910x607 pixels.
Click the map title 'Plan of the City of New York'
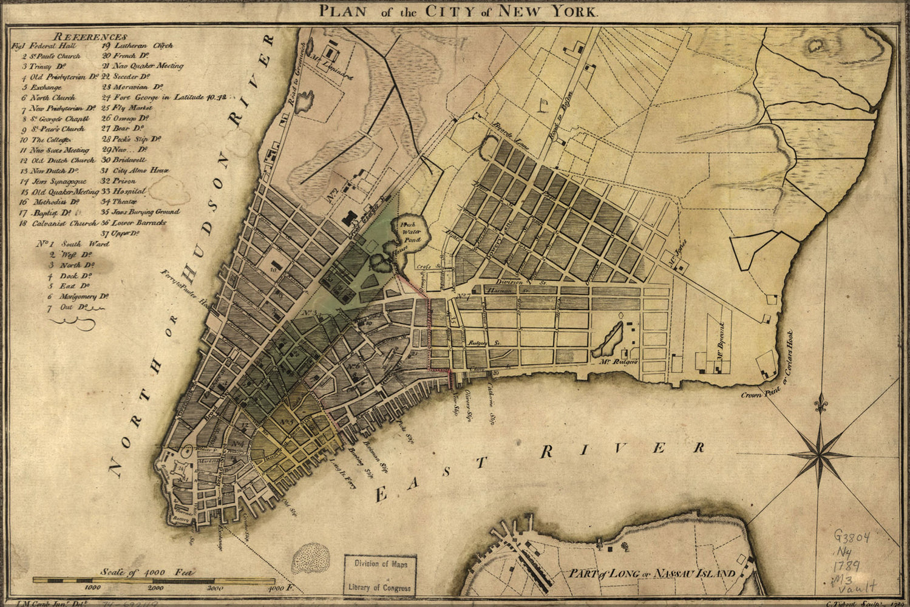pos(458,10)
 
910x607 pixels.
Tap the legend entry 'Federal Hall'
pos(50,46)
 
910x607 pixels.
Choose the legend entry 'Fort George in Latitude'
pos(165,97)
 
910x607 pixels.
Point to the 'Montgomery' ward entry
pos(84,297)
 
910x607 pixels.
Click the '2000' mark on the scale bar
pos(155,588)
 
